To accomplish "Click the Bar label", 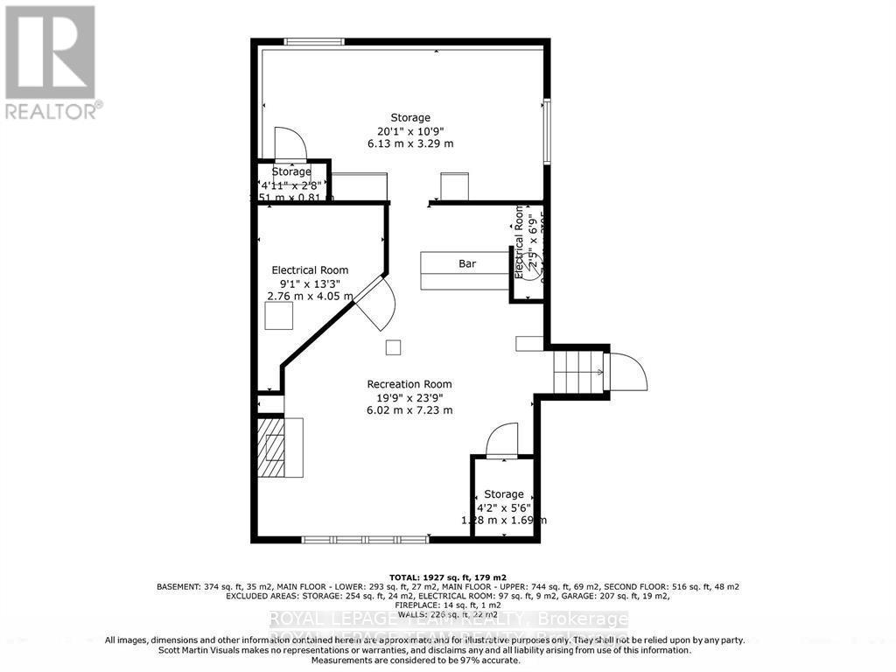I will click(x=468, y=263).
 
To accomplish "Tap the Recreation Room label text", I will click(x=409, y=384).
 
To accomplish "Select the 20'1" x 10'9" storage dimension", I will click(x=410, y=130).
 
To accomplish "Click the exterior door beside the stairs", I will click(x=627, y=372).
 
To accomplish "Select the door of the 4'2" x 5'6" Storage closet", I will click(x=502, y=440).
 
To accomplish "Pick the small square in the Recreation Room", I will click(x=394, y=347).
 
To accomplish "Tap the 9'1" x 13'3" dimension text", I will click(x=310, y=283).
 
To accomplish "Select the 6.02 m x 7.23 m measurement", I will click(x=409, y=409).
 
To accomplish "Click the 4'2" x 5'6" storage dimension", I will click(x=503, y=507).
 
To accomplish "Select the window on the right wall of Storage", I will click(x=547, y=131).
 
